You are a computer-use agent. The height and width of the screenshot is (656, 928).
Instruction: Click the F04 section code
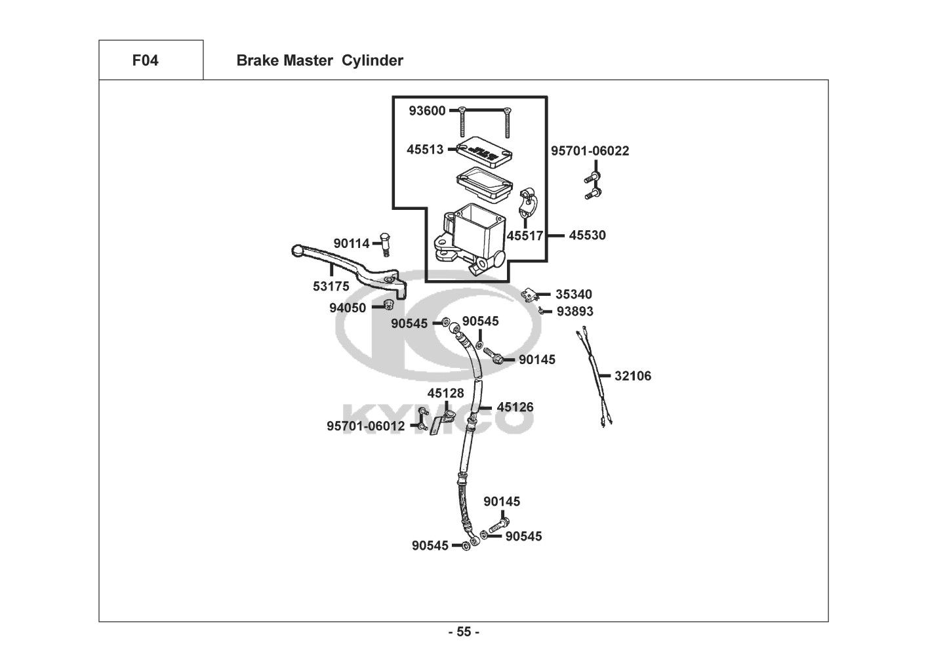(x=145, y=61)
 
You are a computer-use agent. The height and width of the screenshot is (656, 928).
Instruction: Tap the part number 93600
(x=426, y=111)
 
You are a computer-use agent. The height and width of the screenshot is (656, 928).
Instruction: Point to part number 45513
(x=425, y=150)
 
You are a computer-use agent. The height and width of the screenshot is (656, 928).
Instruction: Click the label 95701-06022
(x=590, y=151)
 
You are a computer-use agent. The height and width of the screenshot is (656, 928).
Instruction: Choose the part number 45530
(x=587, y=235)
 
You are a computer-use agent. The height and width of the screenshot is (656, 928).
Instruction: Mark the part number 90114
(x=352, y=243)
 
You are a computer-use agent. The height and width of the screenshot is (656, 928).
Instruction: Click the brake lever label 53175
(x=331, y=287)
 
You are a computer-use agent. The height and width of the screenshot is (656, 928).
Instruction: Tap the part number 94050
(x=348, y=308)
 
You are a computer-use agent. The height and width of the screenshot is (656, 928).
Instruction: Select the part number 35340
(x=574, y=295)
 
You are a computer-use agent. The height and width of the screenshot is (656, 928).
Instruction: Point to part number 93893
(x=575, y=312)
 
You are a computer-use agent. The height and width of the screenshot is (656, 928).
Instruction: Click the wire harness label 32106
(x=633, y=376)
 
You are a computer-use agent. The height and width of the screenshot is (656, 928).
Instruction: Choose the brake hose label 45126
(x=515, y=407)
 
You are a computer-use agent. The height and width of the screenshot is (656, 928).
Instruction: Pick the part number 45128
(x=445, y=394)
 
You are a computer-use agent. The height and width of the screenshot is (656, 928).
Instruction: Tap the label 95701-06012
(x=366, y=426)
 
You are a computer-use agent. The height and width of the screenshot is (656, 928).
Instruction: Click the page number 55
(x=464, y=632)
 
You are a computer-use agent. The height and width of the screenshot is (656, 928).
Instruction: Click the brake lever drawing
(x=348, y=266)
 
